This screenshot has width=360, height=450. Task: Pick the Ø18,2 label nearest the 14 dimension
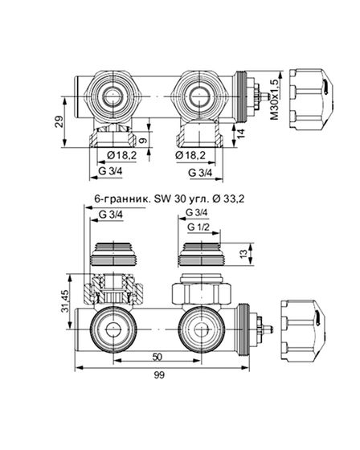tap(193, 154)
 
